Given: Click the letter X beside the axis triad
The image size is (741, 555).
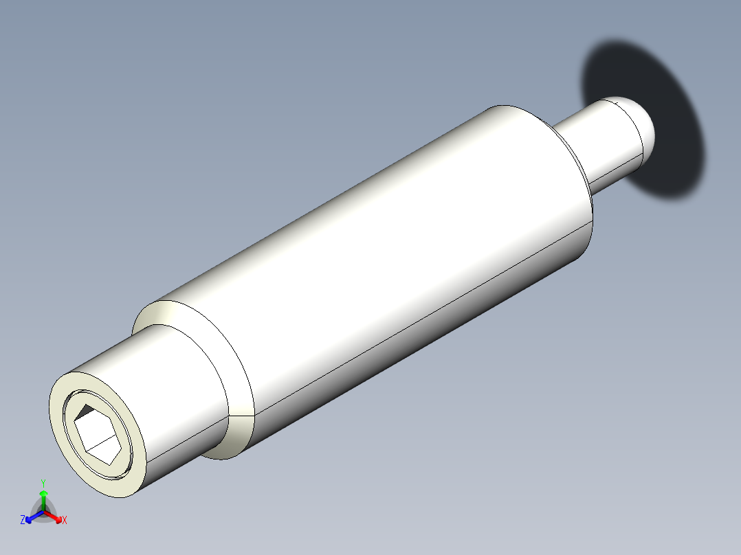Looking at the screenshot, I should click(x=65, y=521).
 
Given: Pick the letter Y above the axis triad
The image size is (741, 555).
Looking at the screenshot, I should click(x=43, y=483).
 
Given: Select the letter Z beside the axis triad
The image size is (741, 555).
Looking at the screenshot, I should click(x=23, y=521).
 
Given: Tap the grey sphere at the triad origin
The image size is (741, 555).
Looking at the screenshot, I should click(x=44, y=512).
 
